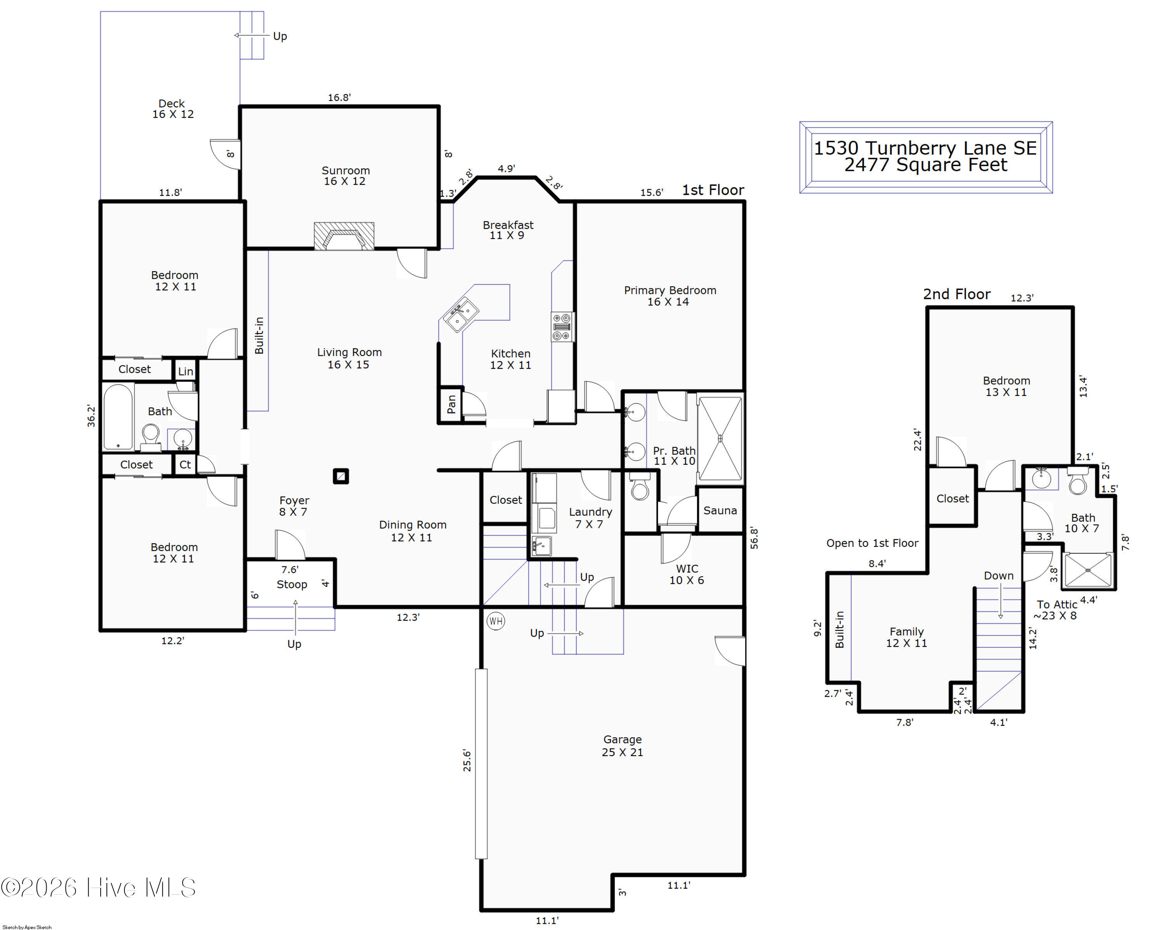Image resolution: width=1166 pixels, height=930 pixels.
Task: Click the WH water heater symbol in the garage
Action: pyautogui.click(x=496, y=621)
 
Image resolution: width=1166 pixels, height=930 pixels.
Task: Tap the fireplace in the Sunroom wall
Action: pyautogui.click(x=344, y=236)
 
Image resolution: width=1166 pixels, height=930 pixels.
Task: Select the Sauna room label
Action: pyautogui.click(x=720, y=510)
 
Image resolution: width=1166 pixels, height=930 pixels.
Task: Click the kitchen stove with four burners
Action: pyautogui.click(x=562, y=326)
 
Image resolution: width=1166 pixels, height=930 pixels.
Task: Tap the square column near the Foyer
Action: pyautogui.click(x=341, y=476)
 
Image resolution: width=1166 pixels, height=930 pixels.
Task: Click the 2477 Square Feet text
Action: pyautogui.click(x=925, y=165)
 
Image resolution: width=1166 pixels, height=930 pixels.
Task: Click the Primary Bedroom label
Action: pyautogui.click(x=670, y=290)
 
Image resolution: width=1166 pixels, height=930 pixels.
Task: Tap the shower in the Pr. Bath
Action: pyautogui.click(x=720, y=438)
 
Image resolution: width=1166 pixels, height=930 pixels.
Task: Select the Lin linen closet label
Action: pyautogui.click(x=185, y=372)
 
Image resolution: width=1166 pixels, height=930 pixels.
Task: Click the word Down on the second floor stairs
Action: pyautogui.click(x=998, y=576)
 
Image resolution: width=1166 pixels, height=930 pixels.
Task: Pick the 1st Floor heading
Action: pyautogui.click(x=713, y=190)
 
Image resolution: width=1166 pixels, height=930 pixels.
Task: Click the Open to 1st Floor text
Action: pyautogui.click(x=872, y=543)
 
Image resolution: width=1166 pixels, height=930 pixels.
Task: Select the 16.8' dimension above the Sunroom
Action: pyautogui.click(x=339, y=97)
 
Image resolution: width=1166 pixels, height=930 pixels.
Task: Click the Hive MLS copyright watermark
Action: pyautogui.click(x=98, y=887)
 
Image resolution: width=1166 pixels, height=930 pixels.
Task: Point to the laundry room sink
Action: pyautogui.click(x=541, y=546)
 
